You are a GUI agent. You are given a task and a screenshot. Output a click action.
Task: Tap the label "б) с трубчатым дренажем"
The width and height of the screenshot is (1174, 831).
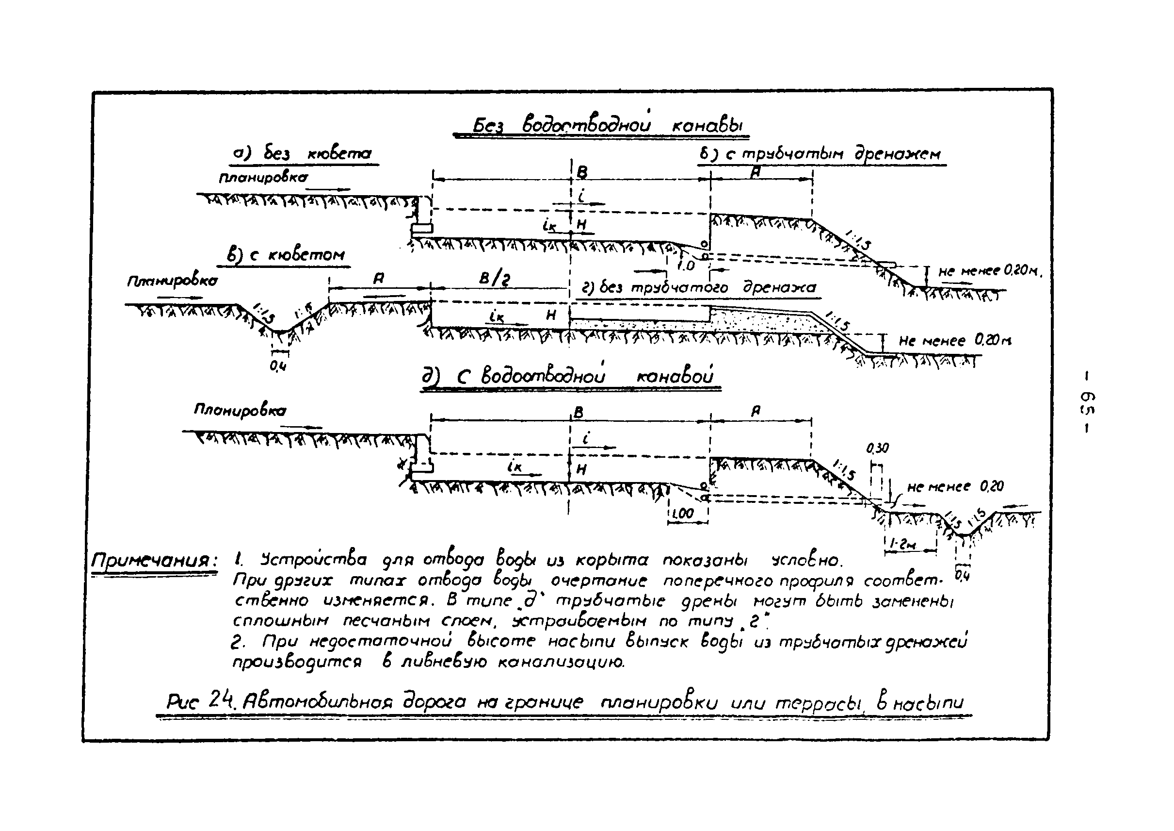(x=820, y=154)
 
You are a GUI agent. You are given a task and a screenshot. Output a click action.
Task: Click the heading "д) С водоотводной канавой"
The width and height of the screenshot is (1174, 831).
(x=567, y=377)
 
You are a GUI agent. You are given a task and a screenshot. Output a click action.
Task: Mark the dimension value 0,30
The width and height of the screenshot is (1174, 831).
(x=877, y=448)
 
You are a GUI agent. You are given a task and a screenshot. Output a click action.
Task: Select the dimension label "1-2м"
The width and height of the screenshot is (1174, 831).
(x=903, y=545)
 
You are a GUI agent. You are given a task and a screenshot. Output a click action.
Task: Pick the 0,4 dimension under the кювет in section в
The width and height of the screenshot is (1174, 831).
(x=278, y=366)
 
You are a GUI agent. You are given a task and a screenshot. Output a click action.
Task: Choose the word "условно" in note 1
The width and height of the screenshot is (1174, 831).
(x=806, y=560)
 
